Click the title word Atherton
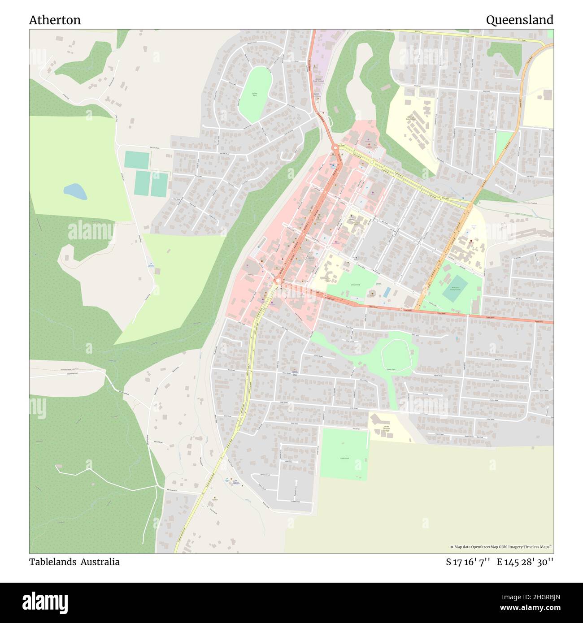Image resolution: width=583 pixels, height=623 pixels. tap(55, 20)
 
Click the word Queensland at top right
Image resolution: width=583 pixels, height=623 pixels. tap(519, 20)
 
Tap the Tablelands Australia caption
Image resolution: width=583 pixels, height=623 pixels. tap(74, 562)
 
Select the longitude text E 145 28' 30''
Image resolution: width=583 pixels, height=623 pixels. tap(525, 562)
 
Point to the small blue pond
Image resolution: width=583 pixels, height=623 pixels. tap(75, 191)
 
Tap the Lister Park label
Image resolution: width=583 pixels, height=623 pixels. tap(344, 458)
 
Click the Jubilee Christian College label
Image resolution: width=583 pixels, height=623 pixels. tap(386, 429)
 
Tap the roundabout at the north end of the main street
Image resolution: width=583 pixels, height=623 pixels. tap(335, 147)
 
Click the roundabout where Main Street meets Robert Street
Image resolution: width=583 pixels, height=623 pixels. tap(278, 281)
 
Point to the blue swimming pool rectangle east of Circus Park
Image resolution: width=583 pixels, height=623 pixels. tap(387, 292)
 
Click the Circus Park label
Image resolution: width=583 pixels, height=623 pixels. tap(356, 285)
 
